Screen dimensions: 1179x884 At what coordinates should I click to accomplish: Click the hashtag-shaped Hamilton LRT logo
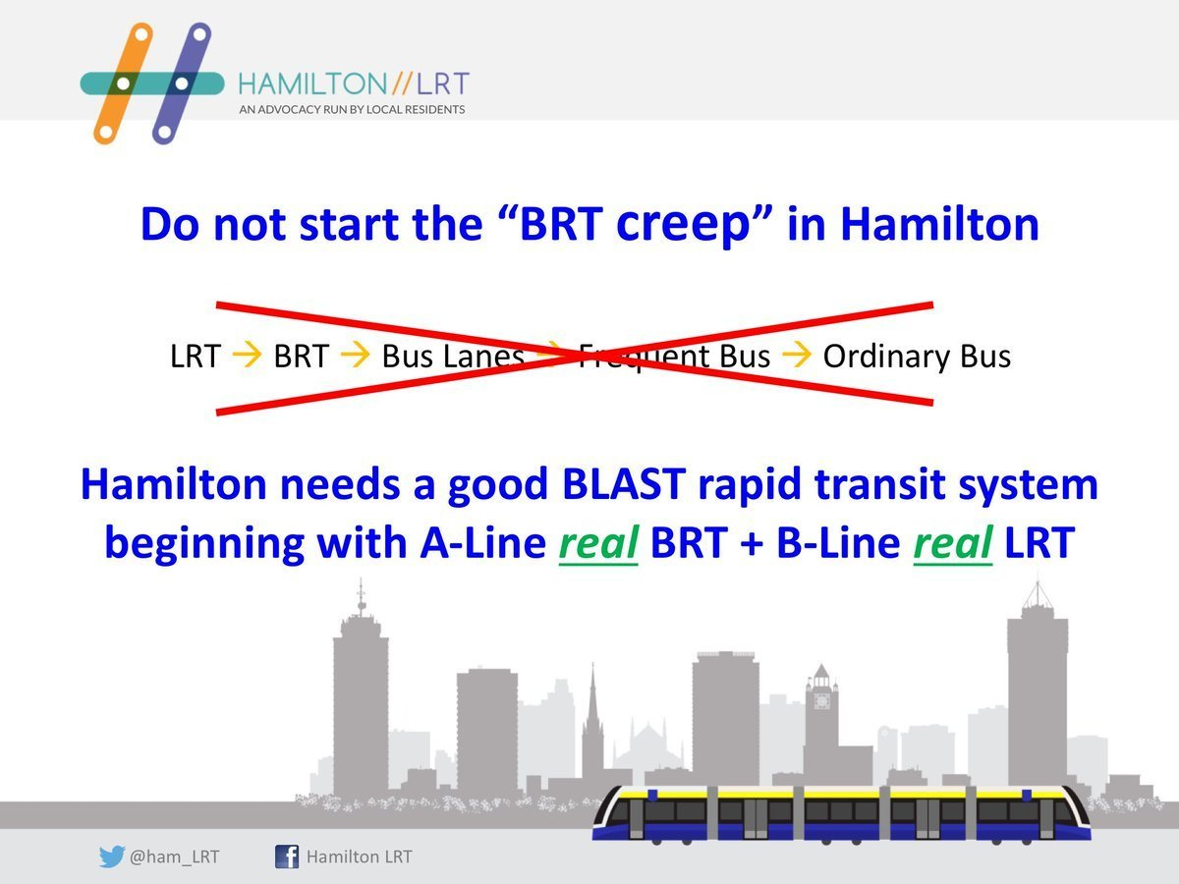click(x=152, y=83)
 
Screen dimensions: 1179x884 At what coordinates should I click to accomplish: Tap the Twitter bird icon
click(x=112, y=856)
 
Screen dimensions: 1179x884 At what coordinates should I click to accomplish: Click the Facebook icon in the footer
click(x=287, y=856)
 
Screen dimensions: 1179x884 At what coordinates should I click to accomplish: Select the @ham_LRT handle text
click(x=175, y=857)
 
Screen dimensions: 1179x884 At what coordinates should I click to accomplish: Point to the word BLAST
click(x=624, y=484)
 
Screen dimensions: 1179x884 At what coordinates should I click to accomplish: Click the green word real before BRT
click(x=598, y=543)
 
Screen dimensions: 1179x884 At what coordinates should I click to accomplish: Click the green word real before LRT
click(x=953, y=543)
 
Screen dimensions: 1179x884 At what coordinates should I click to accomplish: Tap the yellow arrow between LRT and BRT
click(x=247, y=355)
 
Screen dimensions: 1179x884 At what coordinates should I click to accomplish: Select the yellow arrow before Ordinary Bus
click(x=797, y=355)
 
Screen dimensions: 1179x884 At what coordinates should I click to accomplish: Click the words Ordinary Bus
click(x=917, y=357)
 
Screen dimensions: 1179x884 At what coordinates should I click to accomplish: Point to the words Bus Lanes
click(x=453, y=356)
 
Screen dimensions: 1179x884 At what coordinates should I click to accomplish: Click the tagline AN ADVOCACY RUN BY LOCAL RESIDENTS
click(x=352, y=109)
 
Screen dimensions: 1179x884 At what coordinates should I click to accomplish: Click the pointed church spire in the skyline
click(x=593, y=697)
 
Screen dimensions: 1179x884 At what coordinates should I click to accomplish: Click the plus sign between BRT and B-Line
click(x=752, y=543)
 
